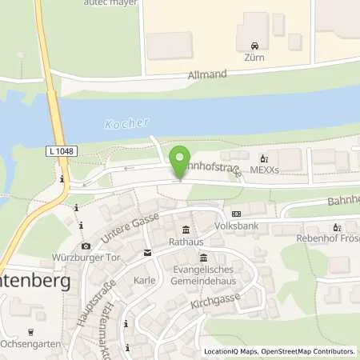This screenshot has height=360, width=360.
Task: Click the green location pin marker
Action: click(181, 160)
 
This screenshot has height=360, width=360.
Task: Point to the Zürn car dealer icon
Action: click(254, 46)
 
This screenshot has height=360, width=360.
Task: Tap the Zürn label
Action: click(254, 58)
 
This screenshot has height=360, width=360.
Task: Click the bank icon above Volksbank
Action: click(236, 214)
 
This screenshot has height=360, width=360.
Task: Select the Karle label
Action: click(145, 280)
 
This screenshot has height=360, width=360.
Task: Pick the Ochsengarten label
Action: click(31, 345)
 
